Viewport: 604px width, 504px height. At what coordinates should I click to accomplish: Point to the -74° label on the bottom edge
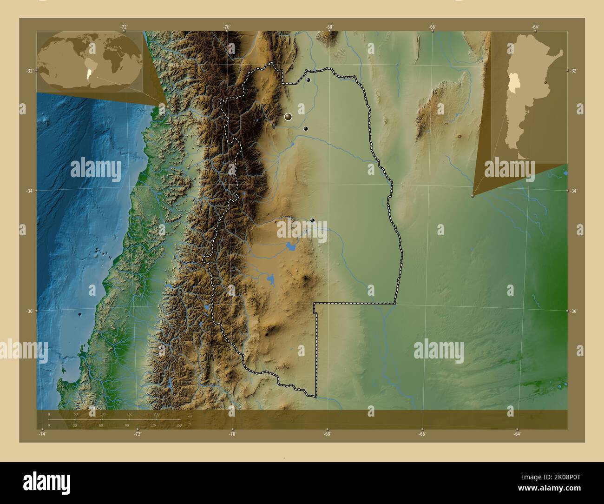42,434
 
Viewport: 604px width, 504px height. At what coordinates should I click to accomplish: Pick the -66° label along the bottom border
422,434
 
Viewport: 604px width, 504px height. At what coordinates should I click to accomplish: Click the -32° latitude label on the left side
29,71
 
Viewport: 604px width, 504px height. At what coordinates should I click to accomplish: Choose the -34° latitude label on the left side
29,191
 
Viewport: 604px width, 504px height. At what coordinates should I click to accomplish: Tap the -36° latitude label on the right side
574,311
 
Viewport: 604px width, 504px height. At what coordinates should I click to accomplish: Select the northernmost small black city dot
308,80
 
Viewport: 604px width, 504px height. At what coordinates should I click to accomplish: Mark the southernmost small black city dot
312,220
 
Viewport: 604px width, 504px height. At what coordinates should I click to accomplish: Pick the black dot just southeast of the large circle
305,128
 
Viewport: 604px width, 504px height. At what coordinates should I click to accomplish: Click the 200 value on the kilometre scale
157,414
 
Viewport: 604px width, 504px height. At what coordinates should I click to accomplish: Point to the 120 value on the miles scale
153,425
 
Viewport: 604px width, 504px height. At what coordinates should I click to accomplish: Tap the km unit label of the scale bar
189,416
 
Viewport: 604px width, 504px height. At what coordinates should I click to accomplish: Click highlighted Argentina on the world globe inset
89,73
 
